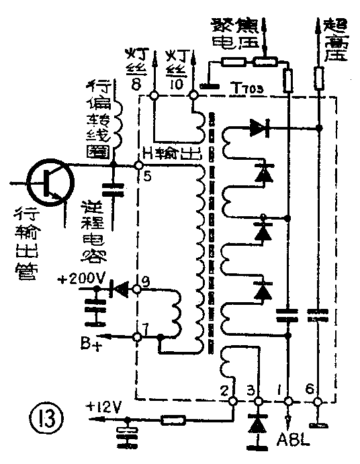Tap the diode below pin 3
255,425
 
